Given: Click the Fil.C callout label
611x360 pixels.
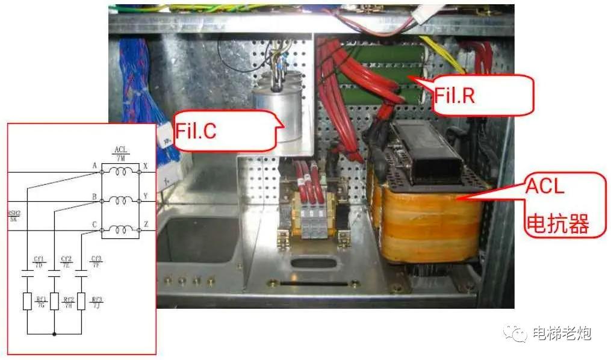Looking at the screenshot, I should pyautogui.click(x=196, y=131).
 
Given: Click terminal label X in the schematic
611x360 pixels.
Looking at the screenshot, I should pyautogui.click(x=146, y=166).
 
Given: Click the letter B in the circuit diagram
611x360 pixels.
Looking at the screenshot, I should pyautogui.click(x=95, y=196).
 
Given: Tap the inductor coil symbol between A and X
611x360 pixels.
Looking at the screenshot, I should pyautogui.click(x=120, y=172).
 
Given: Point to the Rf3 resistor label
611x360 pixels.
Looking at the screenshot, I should pyautogui.click(x=96, y=302).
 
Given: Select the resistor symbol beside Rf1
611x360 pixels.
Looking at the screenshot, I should pyautogui.click(x=27, y=301).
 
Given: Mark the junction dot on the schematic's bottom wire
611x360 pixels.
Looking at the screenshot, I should pyautogui.click(x=55, y=332).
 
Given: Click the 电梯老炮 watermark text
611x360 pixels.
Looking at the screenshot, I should pyautogui.click(x=562, y=333).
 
